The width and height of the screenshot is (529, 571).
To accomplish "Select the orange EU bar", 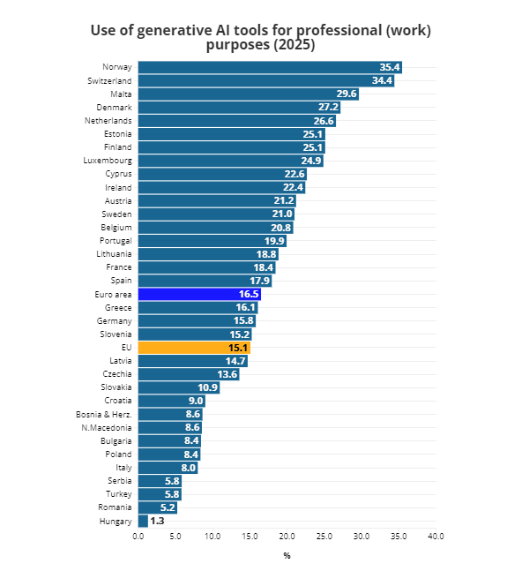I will (x=194, y=348).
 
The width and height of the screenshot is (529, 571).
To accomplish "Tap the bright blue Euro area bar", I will (x=198, y=294).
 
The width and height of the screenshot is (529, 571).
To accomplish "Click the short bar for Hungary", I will (x=143, y=522).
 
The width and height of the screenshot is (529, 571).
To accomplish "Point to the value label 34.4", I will (x=382, y=80).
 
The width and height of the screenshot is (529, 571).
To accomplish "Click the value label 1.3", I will (x=157, y=522).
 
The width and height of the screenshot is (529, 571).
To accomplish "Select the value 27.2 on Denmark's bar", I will (x=328, y=107).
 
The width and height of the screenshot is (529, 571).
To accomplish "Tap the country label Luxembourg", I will (x=108, y=161).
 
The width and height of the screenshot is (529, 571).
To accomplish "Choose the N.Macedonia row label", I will (x=107, y=427).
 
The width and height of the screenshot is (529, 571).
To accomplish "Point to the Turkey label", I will (x=119, y=494).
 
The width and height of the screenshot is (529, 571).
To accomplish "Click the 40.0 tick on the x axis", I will (x=436, y=537).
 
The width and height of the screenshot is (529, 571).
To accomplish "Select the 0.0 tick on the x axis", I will (x=138, y=537).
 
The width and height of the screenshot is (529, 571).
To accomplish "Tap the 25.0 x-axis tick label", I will (x=324, y=537).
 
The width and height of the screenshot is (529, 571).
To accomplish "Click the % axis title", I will (x=287, y=555).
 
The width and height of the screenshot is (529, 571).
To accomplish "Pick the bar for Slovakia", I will (x=178, y=387).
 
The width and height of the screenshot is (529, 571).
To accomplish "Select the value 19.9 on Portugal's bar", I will (x=274, y=241).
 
